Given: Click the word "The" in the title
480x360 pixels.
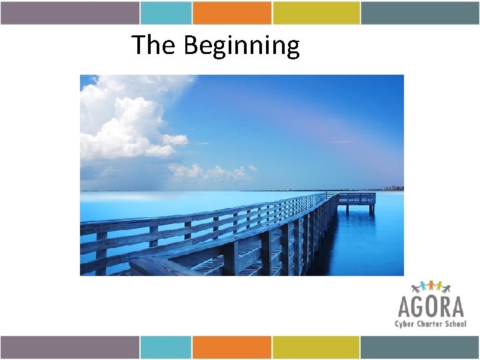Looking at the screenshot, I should click(x=154, y=45).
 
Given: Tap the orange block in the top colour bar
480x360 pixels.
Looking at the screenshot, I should click(x=232, y=13).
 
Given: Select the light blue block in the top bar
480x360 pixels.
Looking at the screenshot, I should click(x=166, y=13).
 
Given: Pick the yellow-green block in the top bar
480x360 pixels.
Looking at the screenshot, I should click(x=316, y=13).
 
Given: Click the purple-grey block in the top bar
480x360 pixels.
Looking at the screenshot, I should click(x=69, y=13).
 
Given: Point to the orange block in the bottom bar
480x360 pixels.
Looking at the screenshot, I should click(x=232, y=347).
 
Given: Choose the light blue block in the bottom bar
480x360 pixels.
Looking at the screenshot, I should click(x=166, y=347).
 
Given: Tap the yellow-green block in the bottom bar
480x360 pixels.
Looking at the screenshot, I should click(x=316, y=347).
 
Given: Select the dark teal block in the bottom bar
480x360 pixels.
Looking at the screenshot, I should click(x=420, y=347).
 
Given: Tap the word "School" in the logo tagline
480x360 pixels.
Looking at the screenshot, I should click(x=455, y=324).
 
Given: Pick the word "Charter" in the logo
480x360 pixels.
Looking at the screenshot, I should click(x=431, y=324).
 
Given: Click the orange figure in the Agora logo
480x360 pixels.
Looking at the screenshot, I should click(x=431, y=285).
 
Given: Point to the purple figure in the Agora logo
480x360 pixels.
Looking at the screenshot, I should click(x=415, y=288).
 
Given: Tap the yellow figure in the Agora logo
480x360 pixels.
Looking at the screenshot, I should click(x=439, y=285).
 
